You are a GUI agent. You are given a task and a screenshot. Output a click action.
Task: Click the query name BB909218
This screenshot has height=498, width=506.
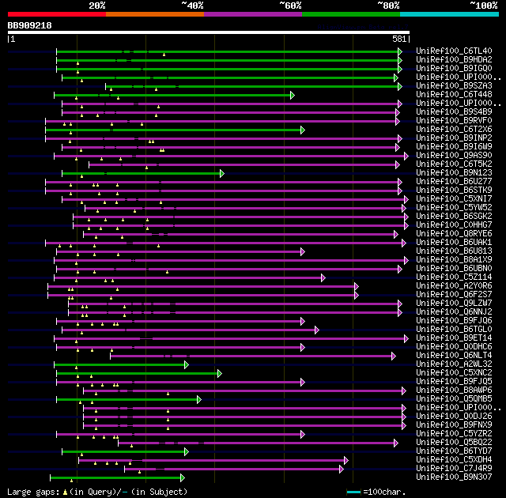point(30,25)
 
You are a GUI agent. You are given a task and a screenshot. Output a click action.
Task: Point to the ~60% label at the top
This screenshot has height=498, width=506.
point(289,5)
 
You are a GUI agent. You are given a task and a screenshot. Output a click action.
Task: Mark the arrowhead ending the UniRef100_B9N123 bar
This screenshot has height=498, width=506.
point(222,173)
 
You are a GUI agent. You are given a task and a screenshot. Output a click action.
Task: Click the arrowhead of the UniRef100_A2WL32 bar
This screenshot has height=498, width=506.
point(187,364)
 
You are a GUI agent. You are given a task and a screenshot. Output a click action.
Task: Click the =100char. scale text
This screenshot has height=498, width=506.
point(387,492)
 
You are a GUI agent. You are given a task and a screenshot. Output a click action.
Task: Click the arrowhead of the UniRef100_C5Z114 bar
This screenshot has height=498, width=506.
point(323,277)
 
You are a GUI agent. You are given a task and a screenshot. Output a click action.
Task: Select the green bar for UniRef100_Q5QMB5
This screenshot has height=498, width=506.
point(126,399)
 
